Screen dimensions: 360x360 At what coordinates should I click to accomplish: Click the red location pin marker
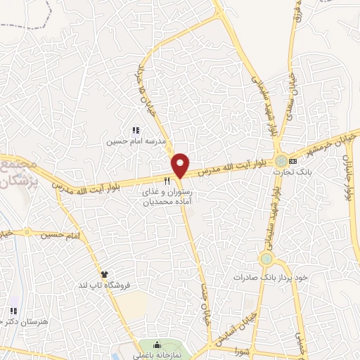click(181, 165)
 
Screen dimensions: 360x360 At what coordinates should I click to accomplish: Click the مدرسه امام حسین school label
click(136, 141)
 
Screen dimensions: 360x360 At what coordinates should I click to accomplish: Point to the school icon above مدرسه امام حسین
click(136, 130)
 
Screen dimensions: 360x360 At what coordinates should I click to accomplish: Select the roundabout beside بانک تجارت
click(281, 160)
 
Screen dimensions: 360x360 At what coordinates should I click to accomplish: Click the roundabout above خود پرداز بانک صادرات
click(266, 259)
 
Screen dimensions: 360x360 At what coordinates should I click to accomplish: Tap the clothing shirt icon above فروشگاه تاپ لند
click(105, 274)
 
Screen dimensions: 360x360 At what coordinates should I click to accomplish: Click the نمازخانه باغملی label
click(157, 355)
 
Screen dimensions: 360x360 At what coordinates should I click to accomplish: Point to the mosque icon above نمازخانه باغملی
click(157, 345)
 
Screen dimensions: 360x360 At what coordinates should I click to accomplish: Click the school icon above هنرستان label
click(13, 311)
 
